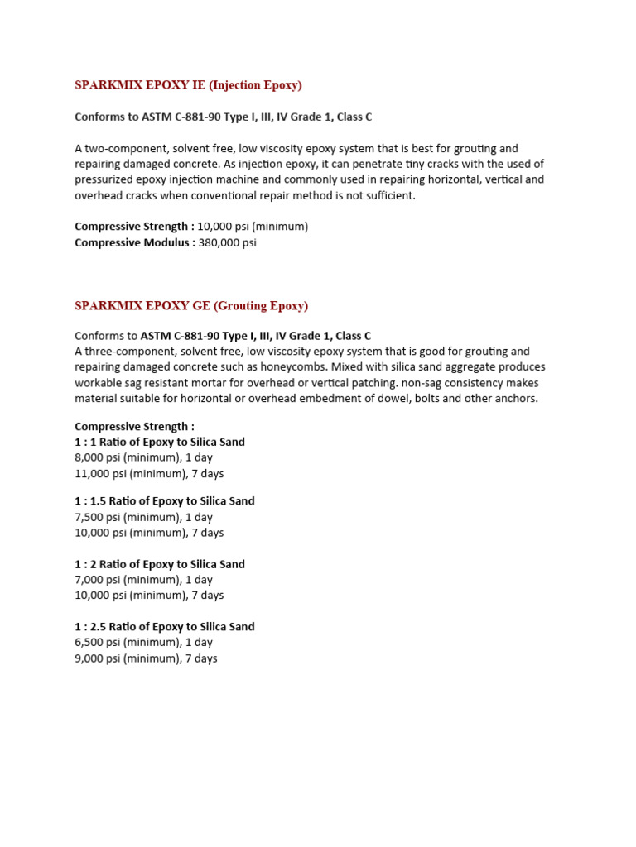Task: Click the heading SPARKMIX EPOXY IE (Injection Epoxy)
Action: [x=188, y=85]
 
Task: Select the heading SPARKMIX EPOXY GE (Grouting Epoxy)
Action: [x=191, y=306]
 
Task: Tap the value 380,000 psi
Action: [x=227, y=242]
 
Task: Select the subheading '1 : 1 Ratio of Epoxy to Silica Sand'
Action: [x=160, y=443]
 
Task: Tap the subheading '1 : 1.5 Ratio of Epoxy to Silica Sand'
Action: [x=165, y=501]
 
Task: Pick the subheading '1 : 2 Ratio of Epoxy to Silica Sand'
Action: [x=160, y=564]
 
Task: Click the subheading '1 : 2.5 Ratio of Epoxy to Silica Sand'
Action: [x=165, y=627]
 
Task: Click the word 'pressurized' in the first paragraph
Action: [x=105, y=179]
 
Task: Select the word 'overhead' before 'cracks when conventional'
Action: [x=98, y=195]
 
